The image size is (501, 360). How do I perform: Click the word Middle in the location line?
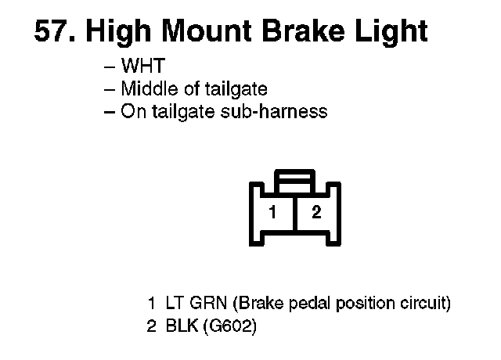coord(146,89)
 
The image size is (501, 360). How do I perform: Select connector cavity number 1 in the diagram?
coord(272,211)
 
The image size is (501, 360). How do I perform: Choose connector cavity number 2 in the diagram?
coord(316,211)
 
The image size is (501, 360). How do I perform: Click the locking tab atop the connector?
coord(294,183)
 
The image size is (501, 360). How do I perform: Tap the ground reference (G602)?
coord(229,325)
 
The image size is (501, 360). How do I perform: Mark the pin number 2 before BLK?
coord(152,325)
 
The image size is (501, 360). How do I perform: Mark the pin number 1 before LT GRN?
coord(152,303)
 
